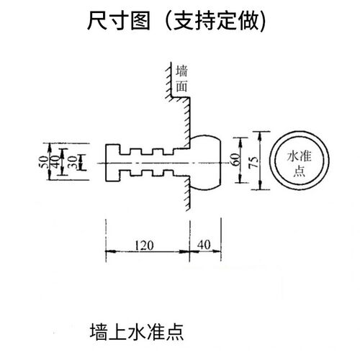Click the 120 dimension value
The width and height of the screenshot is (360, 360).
(144, 246)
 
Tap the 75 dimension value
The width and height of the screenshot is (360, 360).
(253, 162)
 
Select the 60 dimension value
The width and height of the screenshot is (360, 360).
(235, 159)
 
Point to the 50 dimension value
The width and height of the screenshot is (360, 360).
(42, 161)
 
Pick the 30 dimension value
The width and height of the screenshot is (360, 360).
(73, 162)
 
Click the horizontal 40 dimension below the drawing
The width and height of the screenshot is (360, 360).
(204, 245)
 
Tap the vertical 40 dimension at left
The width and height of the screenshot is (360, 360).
(55, 161)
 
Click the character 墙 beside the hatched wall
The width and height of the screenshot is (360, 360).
(181, 71)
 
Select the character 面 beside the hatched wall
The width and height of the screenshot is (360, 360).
(181, 86)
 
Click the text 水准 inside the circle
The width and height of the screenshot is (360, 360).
(299, 156)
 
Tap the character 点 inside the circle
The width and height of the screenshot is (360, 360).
(299, 171)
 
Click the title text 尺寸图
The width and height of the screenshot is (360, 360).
(119, 21)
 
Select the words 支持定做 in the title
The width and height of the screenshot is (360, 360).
(216, 21)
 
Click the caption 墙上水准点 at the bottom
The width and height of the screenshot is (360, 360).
(137, 332)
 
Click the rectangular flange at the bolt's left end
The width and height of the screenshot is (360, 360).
(112, 163)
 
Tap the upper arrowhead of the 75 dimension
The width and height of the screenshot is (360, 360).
(260, 136)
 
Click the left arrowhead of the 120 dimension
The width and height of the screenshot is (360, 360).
(110, 251)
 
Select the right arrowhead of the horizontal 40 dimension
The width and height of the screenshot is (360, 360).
(217, 251)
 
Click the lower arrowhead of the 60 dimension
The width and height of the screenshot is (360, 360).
(240, 179)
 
